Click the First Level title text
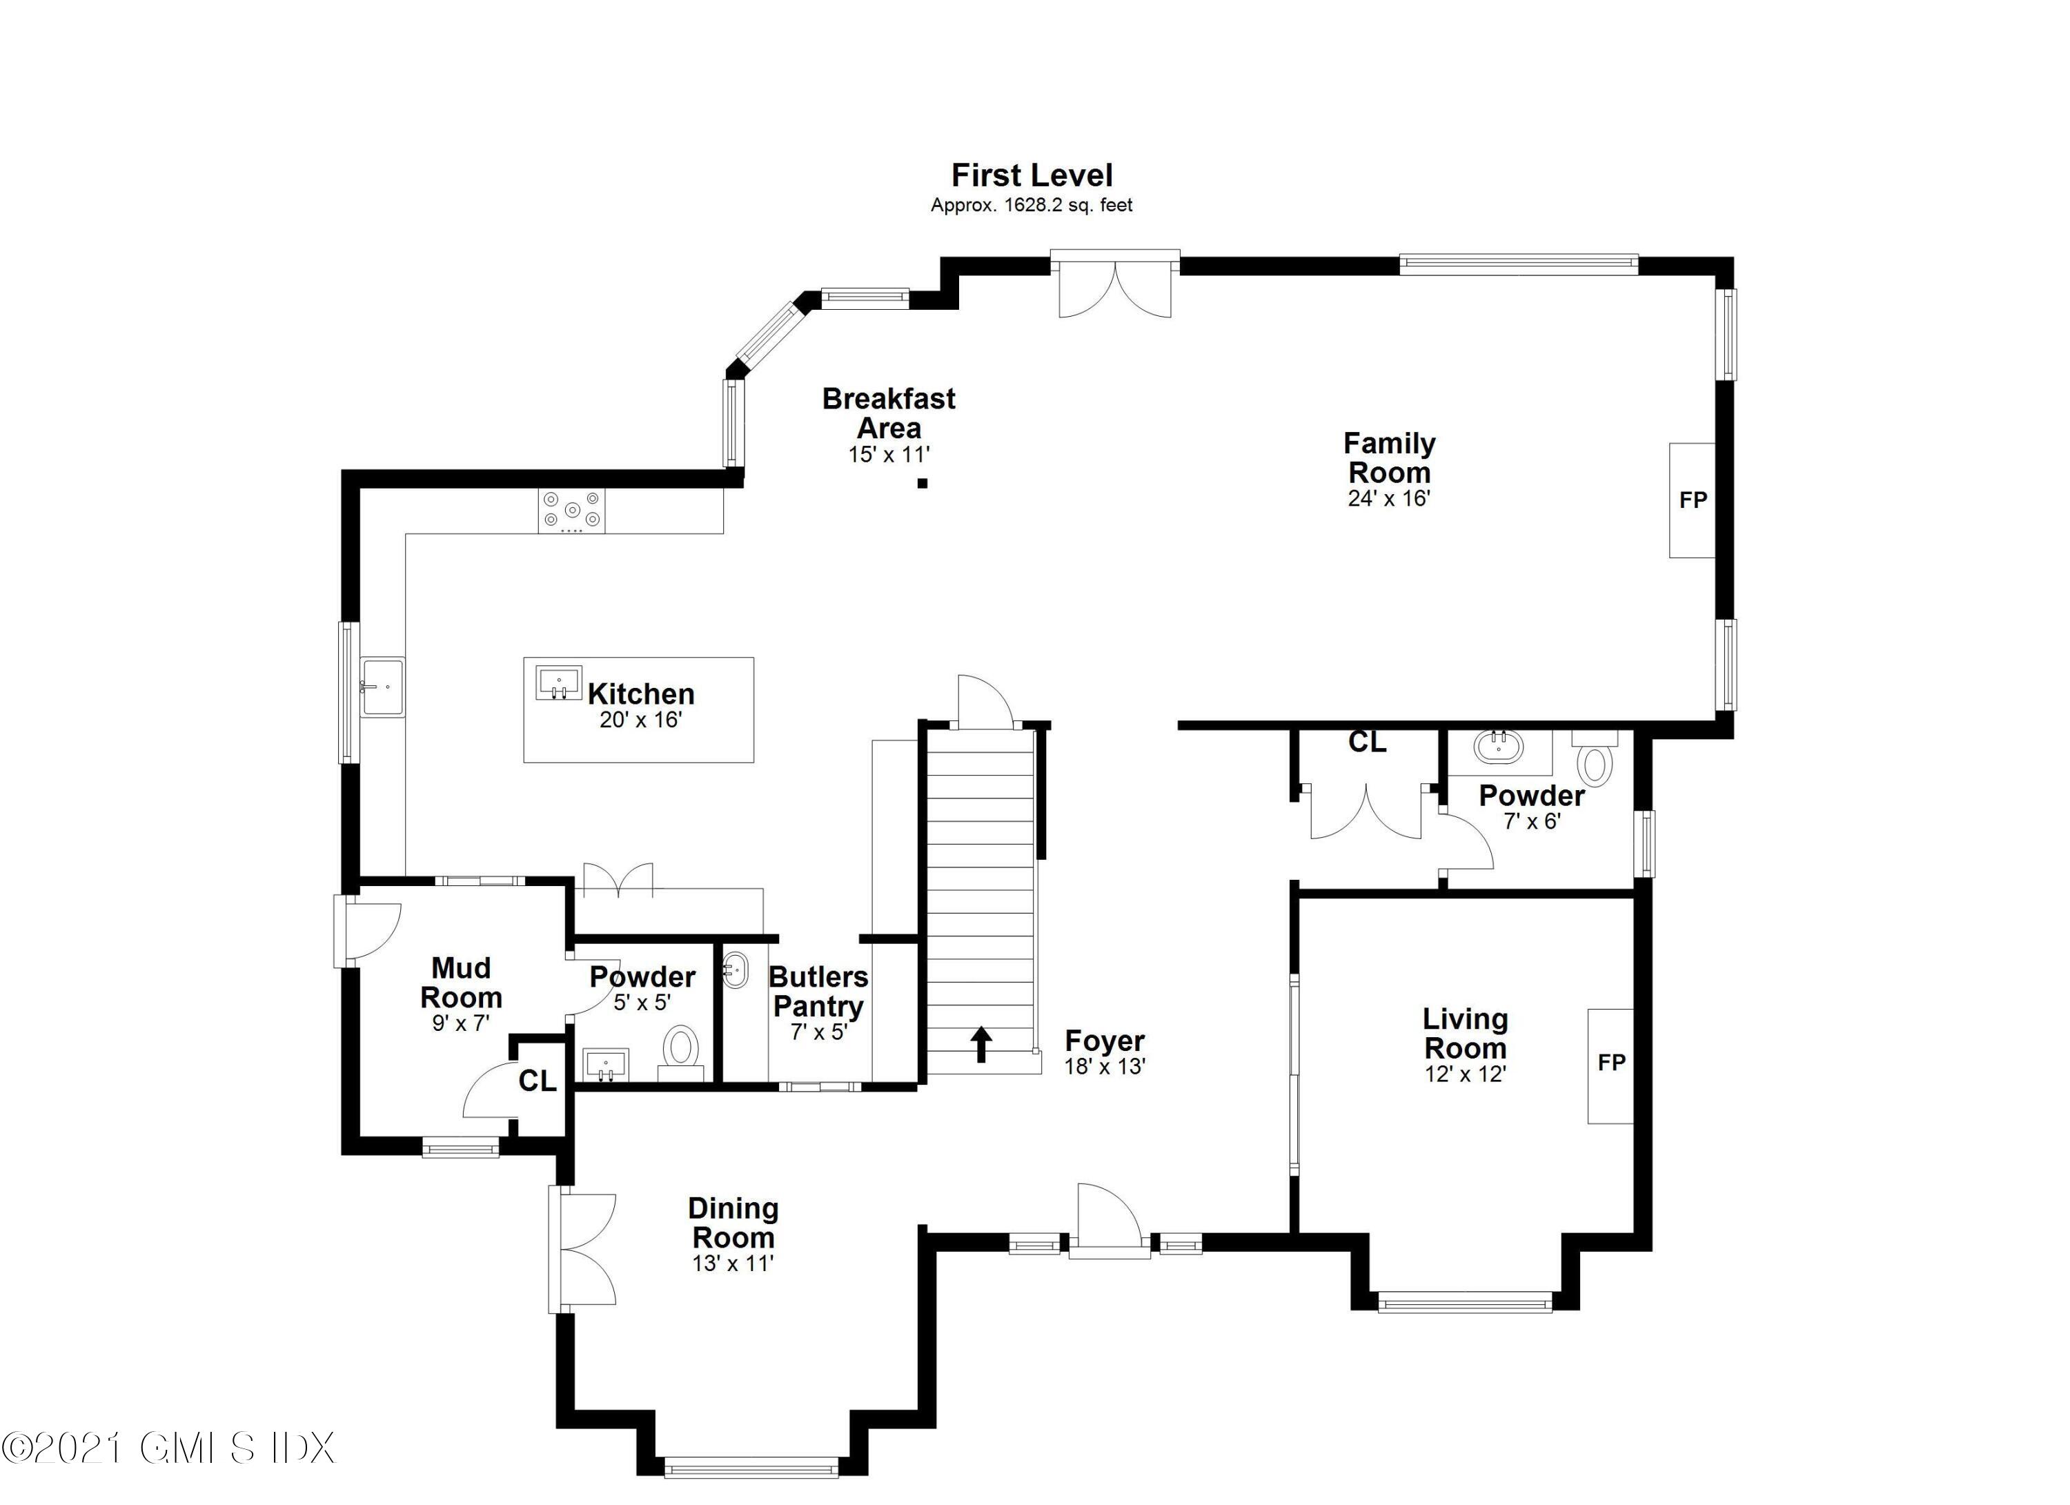coord(1032,175)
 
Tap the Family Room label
coord(1389,458)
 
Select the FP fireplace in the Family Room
coord(1693,500)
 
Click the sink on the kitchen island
coord(559,682)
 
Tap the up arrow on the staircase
coord(980,1044)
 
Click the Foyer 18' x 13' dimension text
coord(1105,1066)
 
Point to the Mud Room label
coord(461,982)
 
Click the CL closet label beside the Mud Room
coord(538,1081)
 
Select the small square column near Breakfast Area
coord(923,484)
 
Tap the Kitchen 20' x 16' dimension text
coord(641,720)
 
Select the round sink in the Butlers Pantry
coord(735,971)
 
